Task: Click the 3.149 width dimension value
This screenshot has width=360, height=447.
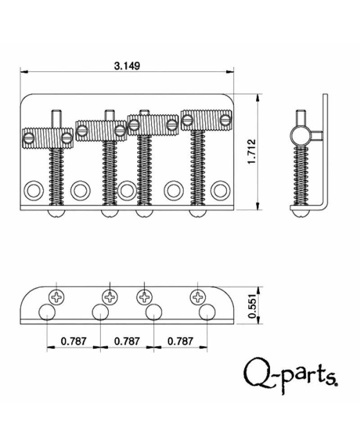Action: point(127,66)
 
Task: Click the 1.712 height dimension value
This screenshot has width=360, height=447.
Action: point(251,152)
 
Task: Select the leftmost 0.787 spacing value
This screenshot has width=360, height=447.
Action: point(74,341)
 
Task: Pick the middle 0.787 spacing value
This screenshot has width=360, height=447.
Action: point(127,341)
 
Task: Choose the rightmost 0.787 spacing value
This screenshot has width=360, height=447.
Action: point(180,341)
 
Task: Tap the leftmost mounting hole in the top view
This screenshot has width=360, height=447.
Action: point(34,190)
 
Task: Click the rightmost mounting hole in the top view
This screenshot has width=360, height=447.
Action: point(220,190)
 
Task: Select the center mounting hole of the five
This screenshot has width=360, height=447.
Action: point(127,190)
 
